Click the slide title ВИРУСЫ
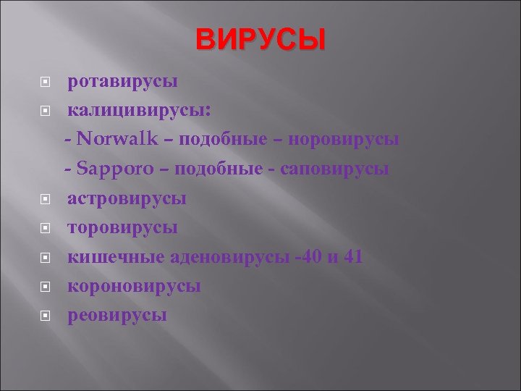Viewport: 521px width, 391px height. pyautogui.click(x=260, y=41)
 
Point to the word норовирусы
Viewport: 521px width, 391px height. pyautogui.click(x=342, y=139)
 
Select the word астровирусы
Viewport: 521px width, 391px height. pyautogui.click(x=127, y=198)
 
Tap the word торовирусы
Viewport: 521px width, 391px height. pyautogui.click(x=123, y=227)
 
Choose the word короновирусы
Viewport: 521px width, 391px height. pyautogui.click(x=135, y=286)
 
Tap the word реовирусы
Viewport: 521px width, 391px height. pyautogui.click(x=117, y=315)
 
